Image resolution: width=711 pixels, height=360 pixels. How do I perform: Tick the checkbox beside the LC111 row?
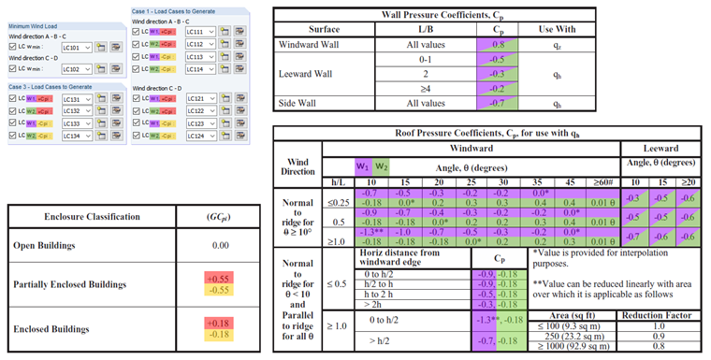pos(137,33)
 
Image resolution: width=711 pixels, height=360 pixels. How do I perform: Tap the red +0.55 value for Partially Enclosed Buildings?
pos(217,279)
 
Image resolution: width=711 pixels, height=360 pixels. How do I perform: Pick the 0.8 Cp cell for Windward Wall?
pos(500,44)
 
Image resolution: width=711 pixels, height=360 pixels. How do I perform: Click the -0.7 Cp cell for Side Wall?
pos(500,104)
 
